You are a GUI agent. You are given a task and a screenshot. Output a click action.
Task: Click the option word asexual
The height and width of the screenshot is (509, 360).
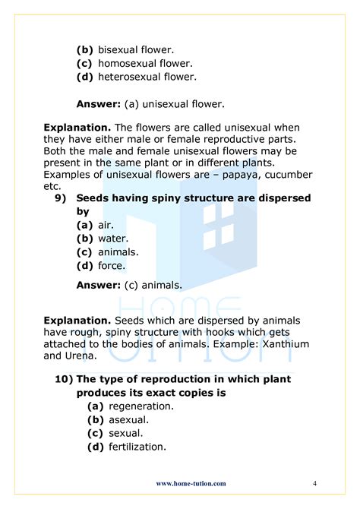point(129,419)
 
